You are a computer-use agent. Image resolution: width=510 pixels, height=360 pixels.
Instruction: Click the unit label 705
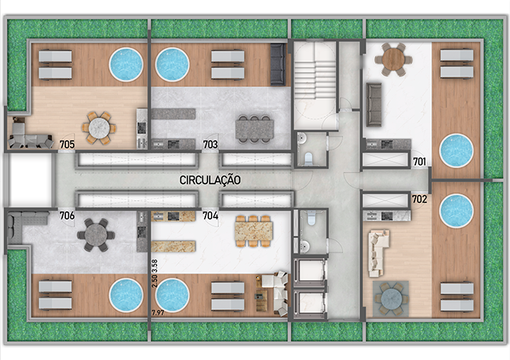pyautogui.click(x=67, y=145)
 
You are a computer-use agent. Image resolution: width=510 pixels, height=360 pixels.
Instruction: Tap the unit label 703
pyautogui.click(x=211, y=145)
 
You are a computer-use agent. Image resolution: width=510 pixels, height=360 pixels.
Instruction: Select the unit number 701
pyautogui.click(x=420, y=161)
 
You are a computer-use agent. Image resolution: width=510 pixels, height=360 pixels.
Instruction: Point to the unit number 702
pyautogui.click(x=420, y=199)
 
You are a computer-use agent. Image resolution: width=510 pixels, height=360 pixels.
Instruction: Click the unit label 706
pyautogui.click(x=67, y=215)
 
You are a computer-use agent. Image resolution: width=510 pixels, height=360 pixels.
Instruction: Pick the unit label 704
pyautogui.click(x=211, y=215)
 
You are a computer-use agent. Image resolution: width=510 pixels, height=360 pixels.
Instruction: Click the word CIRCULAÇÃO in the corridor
pyautogui.click(x=210, y=180)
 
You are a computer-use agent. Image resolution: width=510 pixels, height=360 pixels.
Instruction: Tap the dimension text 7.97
pyautogui.click(x=158, y=313)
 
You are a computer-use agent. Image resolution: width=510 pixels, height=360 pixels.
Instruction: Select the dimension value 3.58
pyautogui.click(x=155, y=266)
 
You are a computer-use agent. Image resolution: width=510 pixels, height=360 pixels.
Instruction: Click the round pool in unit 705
pyautogui.click(x=126, y=64)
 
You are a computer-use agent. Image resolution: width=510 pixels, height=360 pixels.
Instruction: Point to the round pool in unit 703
pyautogui.click(x=172, y=64)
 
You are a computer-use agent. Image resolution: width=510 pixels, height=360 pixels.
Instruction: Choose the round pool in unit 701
pyautogui.click(x=456, y=151)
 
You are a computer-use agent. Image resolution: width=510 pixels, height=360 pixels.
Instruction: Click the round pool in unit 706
pyautogui.click(x=126, y=296)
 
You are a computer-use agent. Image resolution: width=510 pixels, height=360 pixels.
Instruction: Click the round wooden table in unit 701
pyautogui.click(x=393, y=60)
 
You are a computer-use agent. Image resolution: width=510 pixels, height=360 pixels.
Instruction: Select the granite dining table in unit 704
pyautogui.click(x=254, y=231)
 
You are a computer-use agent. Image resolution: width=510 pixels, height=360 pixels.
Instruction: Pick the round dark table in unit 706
pyautogui.click(x=96, y=235)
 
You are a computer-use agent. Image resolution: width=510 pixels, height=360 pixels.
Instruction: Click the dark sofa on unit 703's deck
pyautogui.click(x=278, y=64)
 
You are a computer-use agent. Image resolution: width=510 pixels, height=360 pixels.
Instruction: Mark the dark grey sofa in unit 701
pyautogui.click(x=374, y=105)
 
